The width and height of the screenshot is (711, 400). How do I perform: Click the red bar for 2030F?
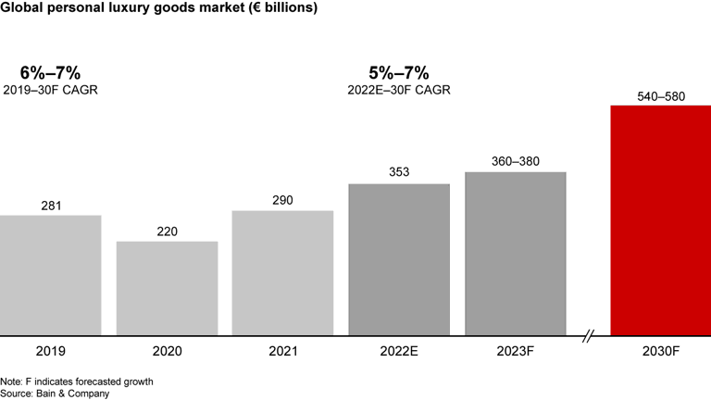point(661,220)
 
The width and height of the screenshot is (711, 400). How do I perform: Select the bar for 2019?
point(51,275)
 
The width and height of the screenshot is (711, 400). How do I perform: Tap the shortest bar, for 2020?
point(167,288)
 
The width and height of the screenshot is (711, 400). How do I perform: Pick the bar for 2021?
point(282,272)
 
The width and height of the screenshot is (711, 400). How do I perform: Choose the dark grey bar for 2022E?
point(399,259)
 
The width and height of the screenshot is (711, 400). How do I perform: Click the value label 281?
point(51,205)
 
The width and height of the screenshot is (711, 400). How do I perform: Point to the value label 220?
point(167,231)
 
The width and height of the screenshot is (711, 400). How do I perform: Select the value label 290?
point(282,200)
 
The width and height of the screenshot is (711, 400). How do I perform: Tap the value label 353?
point(399,172)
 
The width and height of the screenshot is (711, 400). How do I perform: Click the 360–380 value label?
point(516,160)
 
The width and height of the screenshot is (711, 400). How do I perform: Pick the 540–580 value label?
point(661,94)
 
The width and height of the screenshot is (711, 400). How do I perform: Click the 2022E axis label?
point(399,352)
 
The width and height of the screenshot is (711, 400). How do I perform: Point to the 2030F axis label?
point(661,352)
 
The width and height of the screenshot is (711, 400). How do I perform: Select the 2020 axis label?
point(167,352)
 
